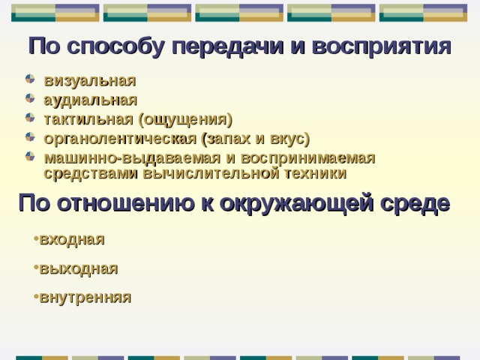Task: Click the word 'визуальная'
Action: point(90,81)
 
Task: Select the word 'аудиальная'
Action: point(91,100)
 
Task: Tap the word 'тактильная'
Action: point(88,119)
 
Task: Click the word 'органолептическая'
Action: point(120,139)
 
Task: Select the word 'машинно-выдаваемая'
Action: point(121,158)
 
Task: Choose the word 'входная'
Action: point(72,239)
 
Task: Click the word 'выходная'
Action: point(78,268)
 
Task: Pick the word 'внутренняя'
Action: point(85,297)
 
